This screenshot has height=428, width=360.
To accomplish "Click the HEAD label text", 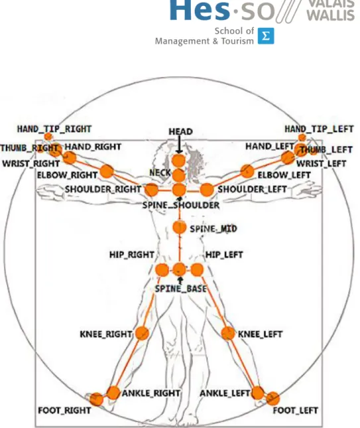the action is pyautogui.click(x=180, y=131).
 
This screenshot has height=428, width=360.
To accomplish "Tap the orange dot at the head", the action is pyautogui.click(x=179, y=161).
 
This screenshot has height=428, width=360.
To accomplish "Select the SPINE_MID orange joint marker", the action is pyautogui.click(x=180, y=227).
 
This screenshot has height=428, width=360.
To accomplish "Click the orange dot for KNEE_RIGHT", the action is pyautogui.click(x=142, y=333).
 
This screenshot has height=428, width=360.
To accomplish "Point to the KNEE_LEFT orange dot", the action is pyautogui.click(x=227, y=333).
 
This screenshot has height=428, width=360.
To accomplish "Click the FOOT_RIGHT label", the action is pyautogui.click(x=64, y=410).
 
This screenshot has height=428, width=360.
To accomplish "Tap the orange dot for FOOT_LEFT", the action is pyautogui.click(x=273, y=399).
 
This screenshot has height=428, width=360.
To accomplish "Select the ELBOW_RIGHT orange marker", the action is pyautogui.click(x=107, y=171).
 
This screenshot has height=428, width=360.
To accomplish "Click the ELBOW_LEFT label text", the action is pyautogui.click(x=284, y=175).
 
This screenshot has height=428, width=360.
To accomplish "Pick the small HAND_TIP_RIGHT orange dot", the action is pyautogui.click(x=48, y=137).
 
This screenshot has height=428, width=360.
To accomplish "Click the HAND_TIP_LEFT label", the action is pyautogui.click(x=319, y=129).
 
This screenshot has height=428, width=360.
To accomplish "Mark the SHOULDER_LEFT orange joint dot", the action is pyautogui.click(x=207, y=190).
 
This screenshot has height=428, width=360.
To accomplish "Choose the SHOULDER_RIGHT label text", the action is pyautogui.click(x=103, y=189).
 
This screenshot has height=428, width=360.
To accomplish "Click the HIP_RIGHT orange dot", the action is pyautogui.click(x=162, y=270).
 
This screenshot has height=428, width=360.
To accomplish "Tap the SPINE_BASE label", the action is pyautogui.click(x=180, y=289).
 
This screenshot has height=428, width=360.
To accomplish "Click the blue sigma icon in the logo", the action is pyautogui.click(x=266, y=36).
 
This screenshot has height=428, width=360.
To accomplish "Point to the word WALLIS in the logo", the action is pyautogui.click(x=331, y=15).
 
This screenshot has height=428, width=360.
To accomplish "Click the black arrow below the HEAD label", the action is pyautogui.click(x=179, y=145).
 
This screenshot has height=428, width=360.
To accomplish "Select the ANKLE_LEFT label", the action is pyautogui.click(x=225, y=393).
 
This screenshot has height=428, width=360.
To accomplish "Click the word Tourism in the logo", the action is pyautogui.click(x=237, y=41).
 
